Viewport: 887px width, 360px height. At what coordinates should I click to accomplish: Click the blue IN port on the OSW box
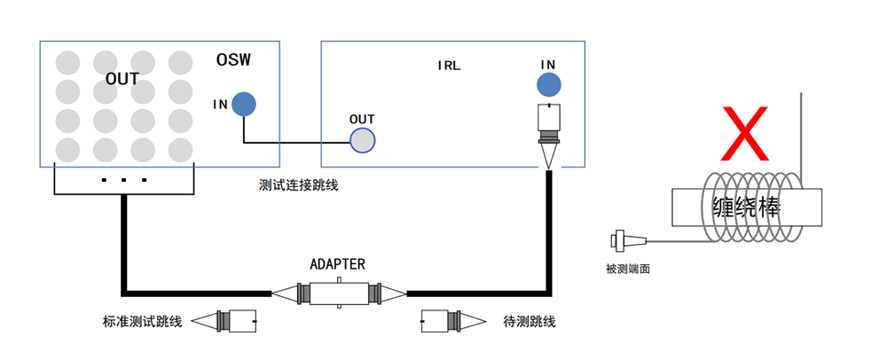point(244,105)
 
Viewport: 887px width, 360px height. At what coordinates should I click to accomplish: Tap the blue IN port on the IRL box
point(548,85)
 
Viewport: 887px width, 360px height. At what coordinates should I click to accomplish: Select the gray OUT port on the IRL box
point(362,140)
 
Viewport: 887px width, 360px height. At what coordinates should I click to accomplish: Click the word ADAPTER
point(337,264)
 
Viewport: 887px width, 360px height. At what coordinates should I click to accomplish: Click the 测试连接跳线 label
point(299,185)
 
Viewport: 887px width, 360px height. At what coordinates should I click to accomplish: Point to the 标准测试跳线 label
point(142,321)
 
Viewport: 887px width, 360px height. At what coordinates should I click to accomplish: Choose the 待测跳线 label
point(530,321)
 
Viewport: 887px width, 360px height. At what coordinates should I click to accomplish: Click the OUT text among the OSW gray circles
point(122,79)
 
